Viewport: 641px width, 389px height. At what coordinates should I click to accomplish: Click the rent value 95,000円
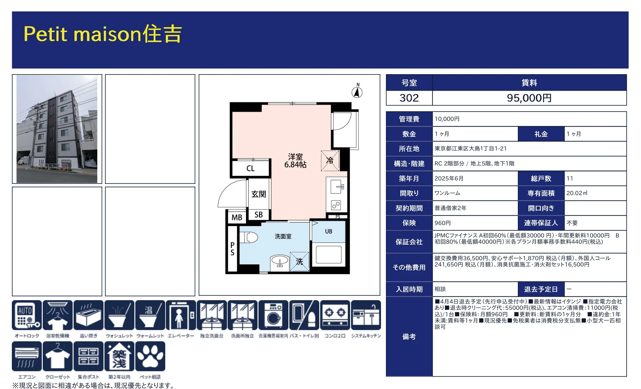[529, 98]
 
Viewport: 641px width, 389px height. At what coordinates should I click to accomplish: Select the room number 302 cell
[409, 98]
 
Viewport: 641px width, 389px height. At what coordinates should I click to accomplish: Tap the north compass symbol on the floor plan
[357, 92]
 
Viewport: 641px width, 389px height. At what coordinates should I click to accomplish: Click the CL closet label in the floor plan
[250, 169]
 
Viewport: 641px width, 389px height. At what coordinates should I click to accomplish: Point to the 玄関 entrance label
[258, 194]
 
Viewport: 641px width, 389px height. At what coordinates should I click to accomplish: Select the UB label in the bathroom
[329, 231]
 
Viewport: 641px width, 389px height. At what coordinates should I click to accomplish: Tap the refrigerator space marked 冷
[330, 161]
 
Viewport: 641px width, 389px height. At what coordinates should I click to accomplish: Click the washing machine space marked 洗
[299, 262]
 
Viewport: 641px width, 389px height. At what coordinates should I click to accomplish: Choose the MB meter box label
[237, 217]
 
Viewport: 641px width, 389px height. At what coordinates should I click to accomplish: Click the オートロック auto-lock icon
[27, 315]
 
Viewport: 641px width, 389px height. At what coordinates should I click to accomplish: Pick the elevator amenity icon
[181, 315]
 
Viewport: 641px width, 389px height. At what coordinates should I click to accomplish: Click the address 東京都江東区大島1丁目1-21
[470, 149]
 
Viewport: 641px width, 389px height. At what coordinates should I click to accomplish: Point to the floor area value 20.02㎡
[577, 193]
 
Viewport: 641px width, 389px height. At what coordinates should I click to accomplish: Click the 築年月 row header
[409, 179]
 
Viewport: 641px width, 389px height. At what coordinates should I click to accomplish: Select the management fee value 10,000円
[447, 119]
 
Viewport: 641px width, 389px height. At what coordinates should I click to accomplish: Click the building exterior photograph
[57, 129]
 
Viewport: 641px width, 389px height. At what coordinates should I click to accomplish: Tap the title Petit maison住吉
[103, 34]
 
